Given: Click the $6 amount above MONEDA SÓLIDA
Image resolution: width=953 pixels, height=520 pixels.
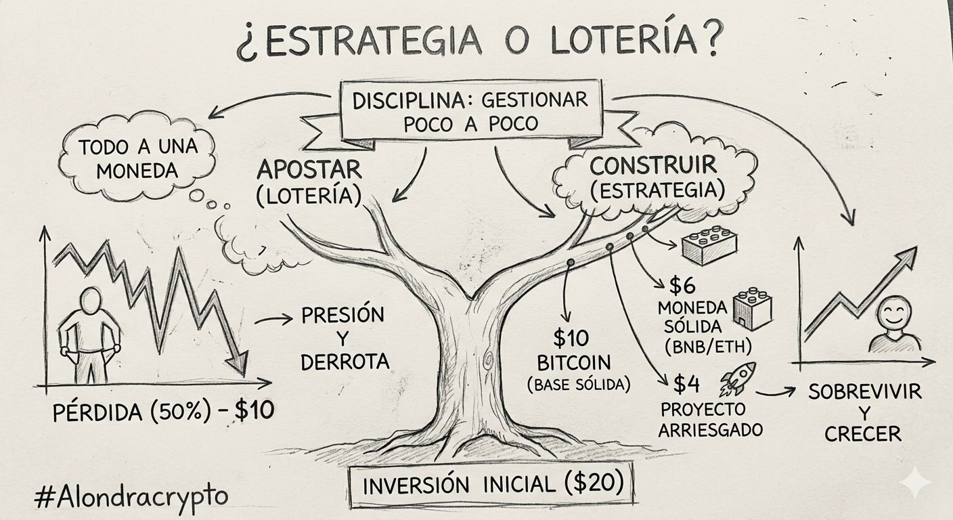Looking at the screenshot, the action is click(682, 286).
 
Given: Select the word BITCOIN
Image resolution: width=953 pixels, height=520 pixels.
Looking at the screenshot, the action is click(574, 363).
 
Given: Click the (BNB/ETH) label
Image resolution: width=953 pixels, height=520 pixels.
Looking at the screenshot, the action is click(708, 347).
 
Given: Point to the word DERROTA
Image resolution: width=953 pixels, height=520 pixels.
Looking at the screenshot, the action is click(345, 362).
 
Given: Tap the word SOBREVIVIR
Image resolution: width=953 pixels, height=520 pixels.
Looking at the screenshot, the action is click(865, 392).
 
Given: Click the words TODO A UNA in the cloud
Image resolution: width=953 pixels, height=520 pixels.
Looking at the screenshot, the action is click(138, 147).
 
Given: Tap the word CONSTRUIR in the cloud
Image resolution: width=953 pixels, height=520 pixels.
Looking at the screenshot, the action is click(653, 165).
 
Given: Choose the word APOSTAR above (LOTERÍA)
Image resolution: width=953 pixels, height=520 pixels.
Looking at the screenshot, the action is click(309, 170).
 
